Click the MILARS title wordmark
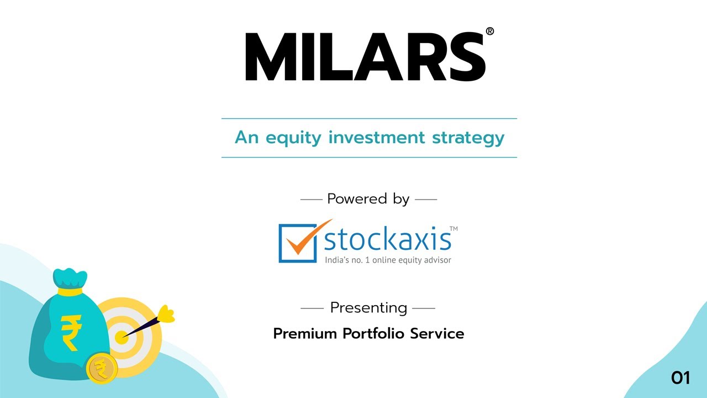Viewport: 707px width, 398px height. tap(365, 57)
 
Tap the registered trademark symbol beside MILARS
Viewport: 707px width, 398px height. tap(489, 32)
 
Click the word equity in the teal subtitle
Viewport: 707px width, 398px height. tap(294, 138)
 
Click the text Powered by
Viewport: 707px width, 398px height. tap(368, 199)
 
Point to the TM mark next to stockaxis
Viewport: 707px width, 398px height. tap(453, 228)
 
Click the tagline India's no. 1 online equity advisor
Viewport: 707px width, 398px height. tap(388, 260)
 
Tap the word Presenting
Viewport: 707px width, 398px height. tap(368, 307)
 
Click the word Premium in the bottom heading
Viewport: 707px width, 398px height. tap(305, 334)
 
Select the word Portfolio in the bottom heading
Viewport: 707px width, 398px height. tap(373, 334)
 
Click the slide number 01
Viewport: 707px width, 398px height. tap(680, 378)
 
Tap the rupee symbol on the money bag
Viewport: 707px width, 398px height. tap(71, 332)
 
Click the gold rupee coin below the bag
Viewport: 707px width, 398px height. tap(102, 368)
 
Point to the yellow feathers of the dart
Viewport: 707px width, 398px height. tap(166, 315)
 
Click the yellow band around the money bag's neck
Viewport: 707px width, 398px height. tap(70, 291)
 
